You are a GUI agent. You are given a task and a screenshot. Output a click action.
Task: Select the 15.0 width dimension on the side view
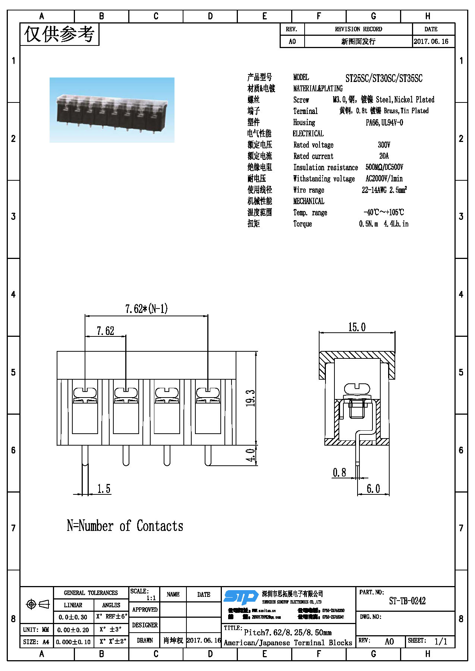(x=357, y=327)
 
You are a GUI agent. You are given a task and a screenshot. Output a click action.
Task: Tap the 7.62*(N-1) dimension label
(x=146, y=309)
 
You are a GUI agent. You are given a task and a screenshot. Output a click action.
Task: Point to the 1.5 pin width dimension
(x=104, y=489)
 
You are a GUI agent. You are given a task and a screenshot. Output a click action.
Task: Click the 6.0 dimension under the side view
(x=373, y=488)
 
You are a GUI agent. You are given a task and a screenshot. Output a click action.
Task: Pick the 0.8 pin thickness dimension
(x=339, y=473)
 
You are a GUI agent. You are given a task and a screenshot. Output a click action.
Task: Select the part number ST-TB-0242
(x=407, y=601)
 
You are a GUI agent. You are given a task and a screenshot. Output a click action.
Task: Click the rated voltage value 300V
(x=384, y=145)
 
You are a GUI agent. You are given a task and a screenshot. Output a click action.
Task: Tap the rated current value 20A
(x=384, y=156)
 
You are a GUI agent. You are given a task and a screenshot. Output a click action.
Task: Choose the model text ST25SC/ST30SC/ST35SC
(x=384, y=78)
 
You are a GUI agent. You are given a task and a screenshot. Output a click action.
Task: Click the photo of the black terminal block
(x=112, y=110)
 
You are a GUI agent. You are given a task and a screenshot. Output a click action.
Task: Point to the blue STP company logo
(x=241, y=596)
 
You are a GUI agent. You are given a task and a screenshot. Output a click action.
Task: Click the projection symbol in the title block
(x=37, y=604)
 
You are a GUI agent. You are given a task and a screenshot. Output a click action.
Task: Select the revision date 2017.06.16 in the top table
(x=431, y=41)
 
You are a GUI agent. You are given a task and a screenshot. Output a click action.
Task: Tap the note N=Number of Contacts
(x=125, y=526)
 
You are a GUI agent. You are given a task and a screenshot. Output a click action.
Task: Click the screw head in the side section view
(x=357, y=389)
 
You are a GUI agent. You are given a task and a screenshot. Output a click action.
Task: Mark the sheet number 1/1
(x=441, y=641)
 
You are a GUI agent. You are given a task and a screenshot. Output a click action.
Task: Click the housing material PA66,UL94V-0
(x=384, y=123)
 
